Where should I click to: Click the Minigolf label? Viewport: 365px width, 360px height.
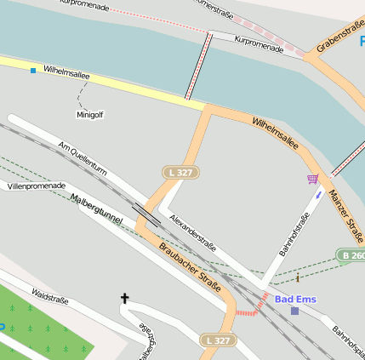point(90,114)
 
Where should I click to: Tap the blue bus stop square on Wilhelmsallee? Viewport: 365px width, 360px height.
point(33,70)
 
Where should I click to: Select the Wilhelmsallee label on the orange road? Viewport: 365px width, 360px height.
point(276,134)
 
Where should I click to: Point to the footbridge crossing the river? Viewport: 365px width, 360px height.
point(198,66)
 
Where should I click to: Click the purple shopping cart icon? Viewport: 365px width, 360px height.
point(313,179)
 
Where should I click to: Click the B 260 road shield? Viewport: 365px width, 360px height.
point(351,255)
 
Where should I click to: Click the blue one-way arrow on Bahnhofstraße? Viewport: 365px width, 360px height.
point(319,194)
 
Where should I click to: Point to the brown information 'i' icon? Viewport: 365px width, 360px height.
point(298,277)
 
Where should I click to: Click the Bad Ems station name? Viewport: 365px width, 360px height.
point(294,299)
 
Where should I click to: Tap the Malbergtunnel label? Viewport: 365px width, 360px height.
point(97,209)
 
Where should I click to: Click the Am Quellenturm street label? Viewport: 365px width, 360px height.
point(82,157)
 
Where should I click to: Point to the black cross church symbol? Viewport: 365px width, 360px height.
point(124,298)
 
